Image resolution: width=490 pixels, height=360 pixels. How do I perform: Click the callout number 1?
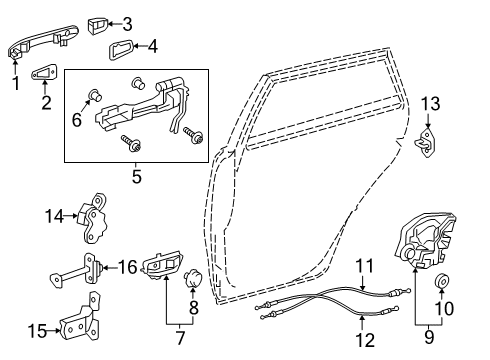pyautogui.click(x=13, y=85)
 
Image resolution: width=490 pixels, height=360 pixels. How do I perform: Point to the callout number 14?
pyautogui.click(x=55, y=214)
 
